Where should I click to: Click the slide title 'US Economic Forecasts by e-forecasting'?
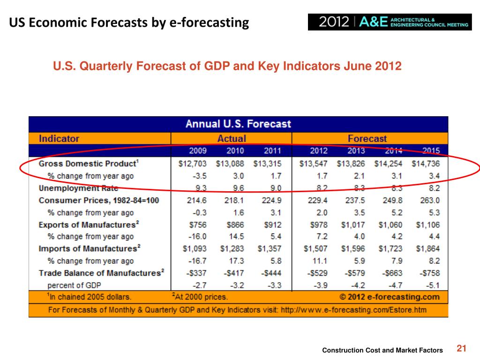point(129,22)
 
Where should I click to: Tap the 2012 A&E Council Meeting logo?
point(390,22)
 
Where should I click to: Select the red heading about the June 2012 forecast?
point(227,66)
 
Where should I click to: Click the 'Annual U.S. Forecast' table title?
point(238,124)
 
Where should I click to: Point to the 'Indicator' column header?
point(59,139)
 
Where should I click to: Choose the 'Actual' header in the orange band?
point(231,139)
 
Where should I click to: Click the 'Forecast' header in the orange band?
point(367,139)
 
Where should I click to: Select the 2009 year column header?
point(197,151)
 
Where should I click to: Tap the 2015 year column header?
point(430,151)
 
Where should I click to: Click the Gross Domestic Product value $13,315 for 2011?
point(267,164)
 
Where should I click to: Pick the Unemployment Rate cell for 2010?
point(235,188)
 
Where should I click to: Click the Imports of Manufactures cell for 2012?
point(315,249)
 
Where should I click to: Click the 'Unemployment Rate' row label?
point(78,188)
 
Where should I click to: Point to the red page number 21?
point(462,348)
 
